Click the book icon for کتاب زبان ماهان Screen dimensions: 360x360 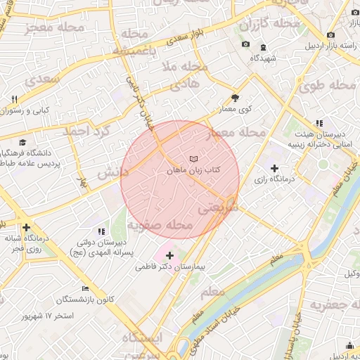click(194, 160)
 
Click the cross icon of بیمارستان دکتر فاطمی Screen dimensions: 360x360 click(169, 255)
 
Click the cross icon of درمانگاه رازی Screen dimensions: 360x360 click(275, 168)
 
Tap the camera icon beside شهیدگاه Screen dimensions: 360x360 click(245, 44)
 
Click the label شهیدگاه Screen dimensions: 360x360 click(268, 56)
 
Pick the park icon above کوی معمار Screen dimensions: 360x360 click(235, 98)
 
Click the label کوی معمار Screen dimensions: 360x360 click(236, 110)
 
